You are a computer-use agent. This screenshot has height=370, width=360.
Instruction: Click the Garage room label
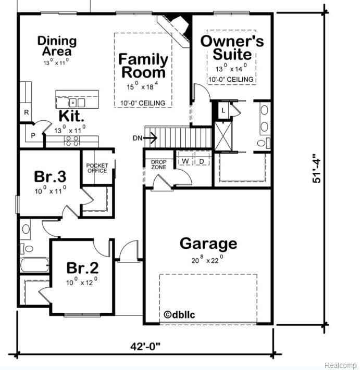[x=208, y=244]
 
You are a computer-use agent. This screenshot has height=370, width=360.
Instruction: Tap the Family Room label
[x=143, y=66]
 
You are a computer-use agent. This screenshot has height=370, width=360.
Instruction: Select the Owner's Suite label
[x=232, y=47]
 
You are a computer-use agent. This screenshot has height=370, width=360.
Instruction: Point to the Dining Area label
[x=57, y=46]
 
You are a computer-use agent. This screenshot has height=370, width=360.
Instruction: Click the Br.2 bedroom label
[x=82, y=268]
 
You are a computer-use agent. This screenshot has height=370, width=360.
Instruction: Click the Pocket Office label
[x=97, y=168]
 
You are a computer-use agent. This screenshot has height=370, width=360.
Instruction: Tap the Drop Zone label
[x=159, y=165]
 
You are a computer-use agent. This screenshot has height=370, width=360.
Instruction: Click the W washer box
[x=185, y=161]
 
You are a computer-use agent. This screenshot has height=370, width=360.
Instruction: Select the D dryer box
[x=202, y=161]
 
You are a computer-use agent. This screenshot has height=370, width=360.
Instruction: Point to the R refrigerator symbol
[x=25, y=112]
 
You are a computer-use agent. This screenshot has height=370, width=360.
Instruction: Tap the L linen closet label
[x=223, y=110]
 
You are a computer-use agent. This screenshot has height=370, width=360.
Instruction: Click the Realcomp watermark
[x=341, y=365]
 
